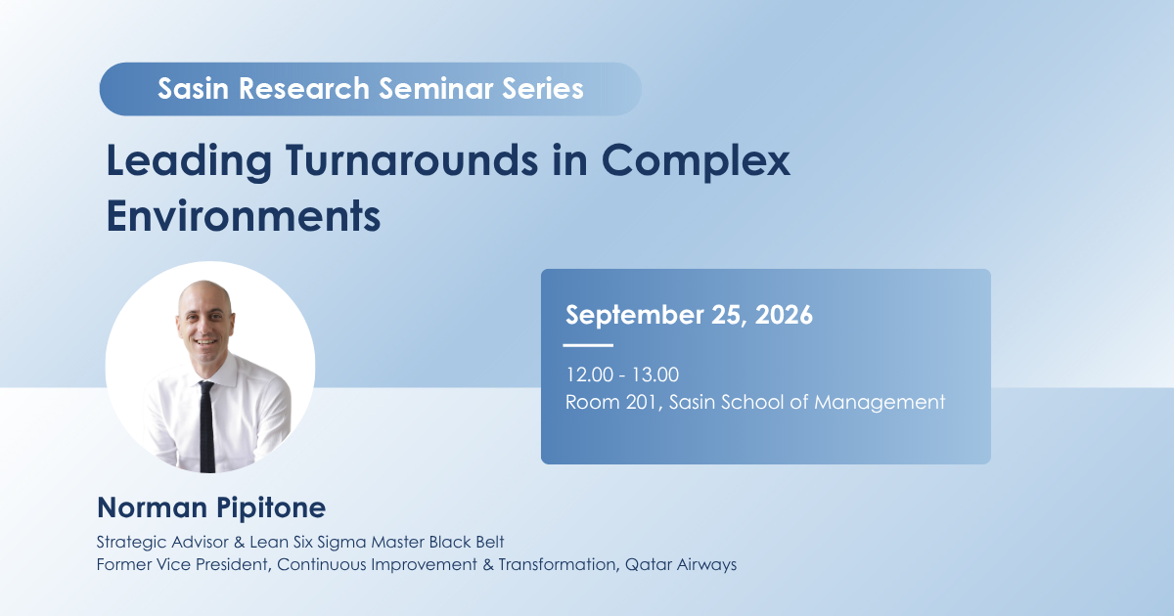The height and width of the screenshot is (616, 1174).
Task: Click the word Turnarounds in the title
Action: click(x=412, y=160)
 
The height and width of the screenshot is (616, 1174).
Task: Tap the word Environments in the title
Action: click(x=244, y=216)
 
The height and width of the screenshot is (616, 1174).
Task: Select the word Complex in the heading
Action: click(x=696, y=161)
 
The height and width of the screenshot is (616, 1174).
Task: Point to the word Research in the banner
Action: click(x=304, y=88)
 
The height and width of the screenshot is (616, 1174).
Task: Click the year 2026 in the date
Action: click(x=784, y=315)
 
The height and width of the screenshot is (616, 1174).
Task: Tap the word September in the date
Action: click(x=634, y=316)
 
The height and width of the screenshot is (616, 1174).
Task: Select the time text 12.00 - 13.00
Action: click(x=622, y=374)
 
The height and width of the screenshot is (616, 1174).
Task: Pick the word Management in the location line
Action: click(x=880, y=403)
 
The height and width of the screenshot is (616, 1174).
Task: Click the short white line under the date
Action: click(x=588, y=345)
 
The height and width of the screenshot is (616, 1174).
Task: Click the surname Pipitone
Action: click(x=271, y=508)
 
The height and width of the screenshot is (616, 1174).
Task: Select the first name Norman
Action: click(x=153, y=508)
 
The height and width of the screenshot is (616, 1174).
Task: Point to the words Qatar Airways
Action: click(x=681, y=565)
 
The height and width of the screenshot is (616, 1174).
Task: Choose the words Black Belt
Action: click(x=467, y=542)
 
